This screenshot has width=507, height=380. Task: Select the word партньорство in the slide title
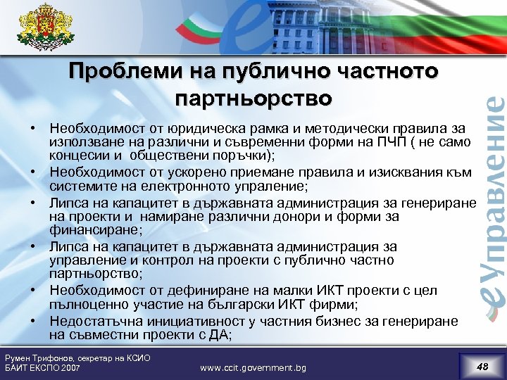pyautogui.click(x=253, y=97)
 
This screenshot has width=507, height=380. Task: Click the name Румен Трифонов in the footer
pyautogui.click(x=39, y=358)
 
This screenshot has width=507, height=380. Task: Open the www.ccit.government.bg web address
pyautogui.click(x=253, y=368)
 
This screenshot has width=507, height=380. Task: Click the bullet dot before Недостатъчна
pyautogui.click(x=33, y=321)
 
